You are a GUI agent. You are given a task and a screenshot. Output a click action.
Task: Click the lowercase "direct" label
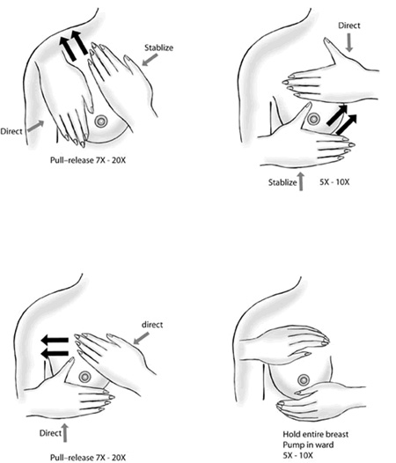152,325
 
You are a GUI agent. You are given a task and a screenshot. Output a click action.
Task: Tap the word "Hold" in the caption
290,434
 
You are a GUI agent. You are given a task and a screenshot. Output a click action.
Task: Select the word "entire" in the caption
310,434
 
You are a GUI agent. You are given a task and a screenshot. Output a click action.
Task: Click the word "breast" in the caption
335,434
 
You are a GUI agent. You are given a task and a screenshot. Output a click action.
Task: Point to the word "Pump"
293,445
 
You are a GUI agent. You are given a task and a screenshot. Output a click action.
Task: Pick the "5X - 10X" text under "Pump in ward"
298,455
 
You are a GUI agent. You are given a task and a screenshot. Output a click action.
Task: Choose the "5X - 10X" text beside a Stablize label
334,182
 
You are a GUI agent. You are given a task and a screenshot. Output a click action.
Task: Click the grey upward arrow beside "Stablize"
301,181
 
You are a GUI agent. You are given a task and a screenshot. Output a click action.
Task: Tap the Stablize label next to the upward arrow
282,182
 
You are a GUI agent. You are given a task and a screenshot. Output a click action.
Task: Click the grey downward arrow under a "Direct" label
349,43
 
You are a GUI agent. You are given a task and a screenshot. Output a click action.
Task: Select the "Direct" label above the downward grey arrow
349,26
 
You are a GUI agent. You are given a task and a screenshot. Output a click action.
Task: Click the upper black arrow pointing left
55,340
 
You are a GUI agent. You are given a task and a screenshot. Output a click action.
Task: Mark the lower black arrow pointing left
55,353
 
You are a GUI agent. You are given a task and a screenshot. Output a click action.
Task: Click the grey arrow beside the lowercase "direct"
141,339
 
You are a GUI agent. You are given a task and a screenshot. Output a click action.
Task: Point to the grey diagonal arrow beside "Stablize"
150,60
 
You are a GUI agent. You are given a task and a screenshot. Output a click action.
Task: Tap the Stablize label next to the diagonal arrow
158,48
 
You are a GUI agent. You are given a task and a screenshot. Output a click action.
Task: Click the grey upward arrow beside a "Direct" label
65,433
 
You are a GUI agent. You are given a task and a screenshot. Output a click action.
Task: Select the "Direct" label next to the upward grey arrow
50,433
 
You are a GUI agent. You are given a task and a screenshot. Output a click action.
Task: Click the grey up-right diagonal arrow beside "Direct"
36,126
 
